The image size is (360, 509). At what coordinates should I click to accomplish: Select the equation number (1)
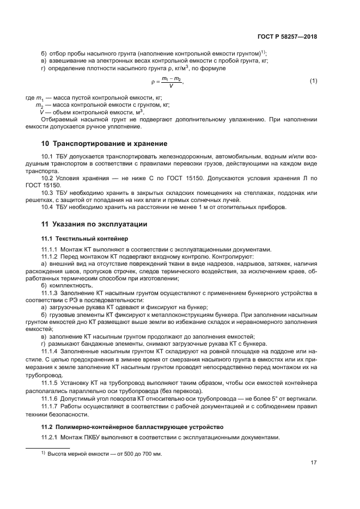[x=313, y=81]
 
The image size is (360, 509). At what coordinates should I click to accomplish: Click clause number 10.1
[x=48, y=157]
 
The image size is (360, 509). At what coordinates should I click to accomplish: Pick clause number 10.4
[x=48, y=206]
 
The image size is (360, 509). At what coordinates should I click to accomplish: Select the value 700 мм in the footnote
[x=154, y=454]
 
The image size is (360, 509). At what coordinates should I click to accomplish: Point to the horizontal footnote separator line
[x=48, y=447]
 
